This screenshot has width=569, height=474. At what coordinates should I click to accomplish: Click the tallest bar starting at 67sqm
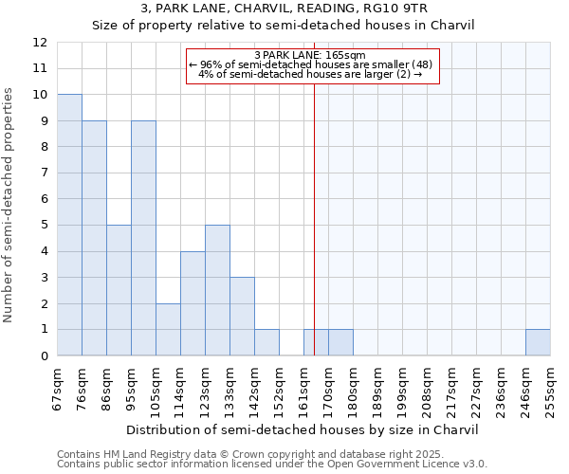coord(69,225)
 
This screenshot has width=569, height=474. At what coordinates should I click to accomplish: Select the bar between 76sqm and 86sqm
coord(94,238)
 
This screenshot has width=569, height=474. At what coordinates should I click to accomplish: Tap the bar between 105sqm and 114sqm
coord(168,329)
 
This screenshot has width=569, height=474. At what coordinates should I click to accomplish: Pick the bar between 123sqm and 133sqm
coord(217,290)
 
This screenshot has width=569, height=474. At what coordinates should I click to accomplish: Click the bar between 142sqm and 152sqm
coord(266,342)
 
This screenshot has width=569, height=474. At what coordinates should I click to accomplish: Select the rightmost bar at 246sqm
coord(538,342)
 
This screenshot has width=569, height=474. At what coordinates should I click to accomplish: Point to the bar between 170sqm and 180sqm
coord(340,342)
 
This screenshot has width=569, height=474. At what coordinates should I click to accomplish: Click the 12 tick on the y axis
coord(40,43)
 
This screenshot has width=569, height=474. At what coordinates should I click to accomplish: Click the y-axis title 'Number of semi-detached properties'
coord(9,205)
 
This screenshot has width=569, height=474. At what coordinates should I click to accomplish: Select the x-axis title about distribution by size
coord(303,429)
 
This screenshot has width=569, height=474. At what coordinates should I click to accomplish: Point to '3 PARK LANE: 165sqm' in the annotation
coord(313,55)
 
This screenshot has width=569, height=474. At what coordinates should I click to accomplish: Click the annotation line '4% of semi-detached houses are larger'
coord(313,74)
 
